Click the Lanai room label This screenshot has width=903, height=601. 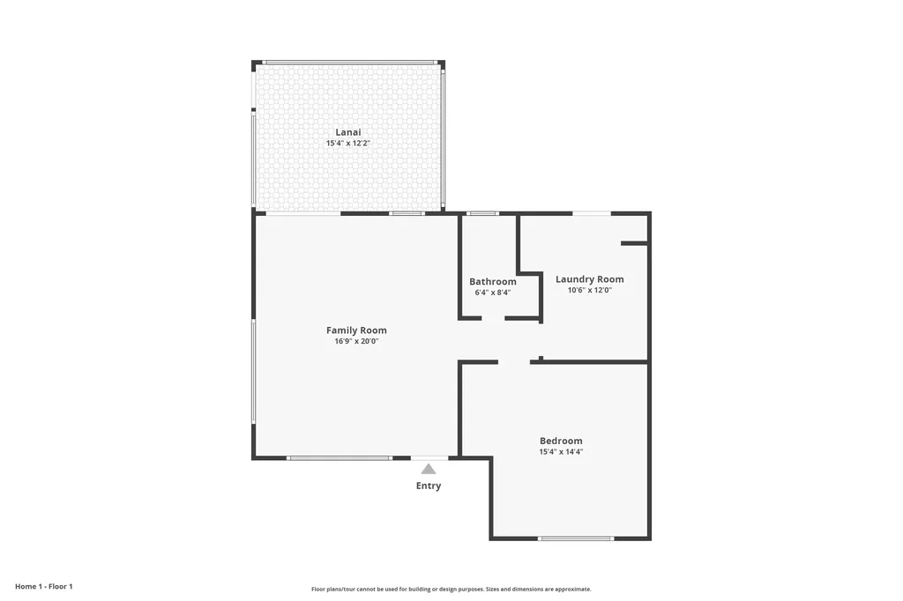[347, 132]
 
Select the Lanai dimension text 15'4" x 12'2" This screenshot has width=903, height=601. [347, 143]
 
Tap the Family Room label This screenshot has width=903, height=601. [356, 330]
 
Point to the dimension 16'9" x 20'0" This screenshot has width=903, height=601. [356, 341]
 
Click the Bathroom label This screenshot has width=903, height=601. [492, 282]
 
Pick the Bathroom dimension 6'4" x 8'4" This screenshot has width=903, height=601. [492, 293]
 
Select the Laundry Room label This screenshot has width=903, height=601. [589, 279]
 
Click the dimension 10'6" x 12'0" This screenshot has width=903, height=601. [589, 290]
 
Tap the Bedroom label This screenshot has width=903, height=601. [561, 441]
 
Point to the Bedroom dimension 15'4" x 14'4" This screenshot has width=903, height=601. [561, 451]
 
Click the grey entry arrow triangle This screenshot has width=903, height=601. [429, 469]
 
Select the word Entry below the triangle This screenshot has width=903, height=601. [429, 486]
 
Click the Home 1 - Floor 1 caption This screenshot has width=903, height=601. [43, 586]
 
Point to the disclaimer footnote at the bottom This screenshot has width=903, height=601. [451, 589]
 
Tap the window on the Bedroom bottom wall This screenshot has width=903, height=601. [576, 538]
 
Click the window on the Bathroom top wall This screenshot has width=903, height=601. [482, 213]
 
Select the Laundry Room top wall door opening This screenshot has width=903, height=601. [592, 213]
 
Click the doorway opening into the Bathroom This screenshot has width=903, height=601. [494, 318]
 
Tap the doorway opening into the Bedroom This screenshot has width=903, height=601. [514, 361]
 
